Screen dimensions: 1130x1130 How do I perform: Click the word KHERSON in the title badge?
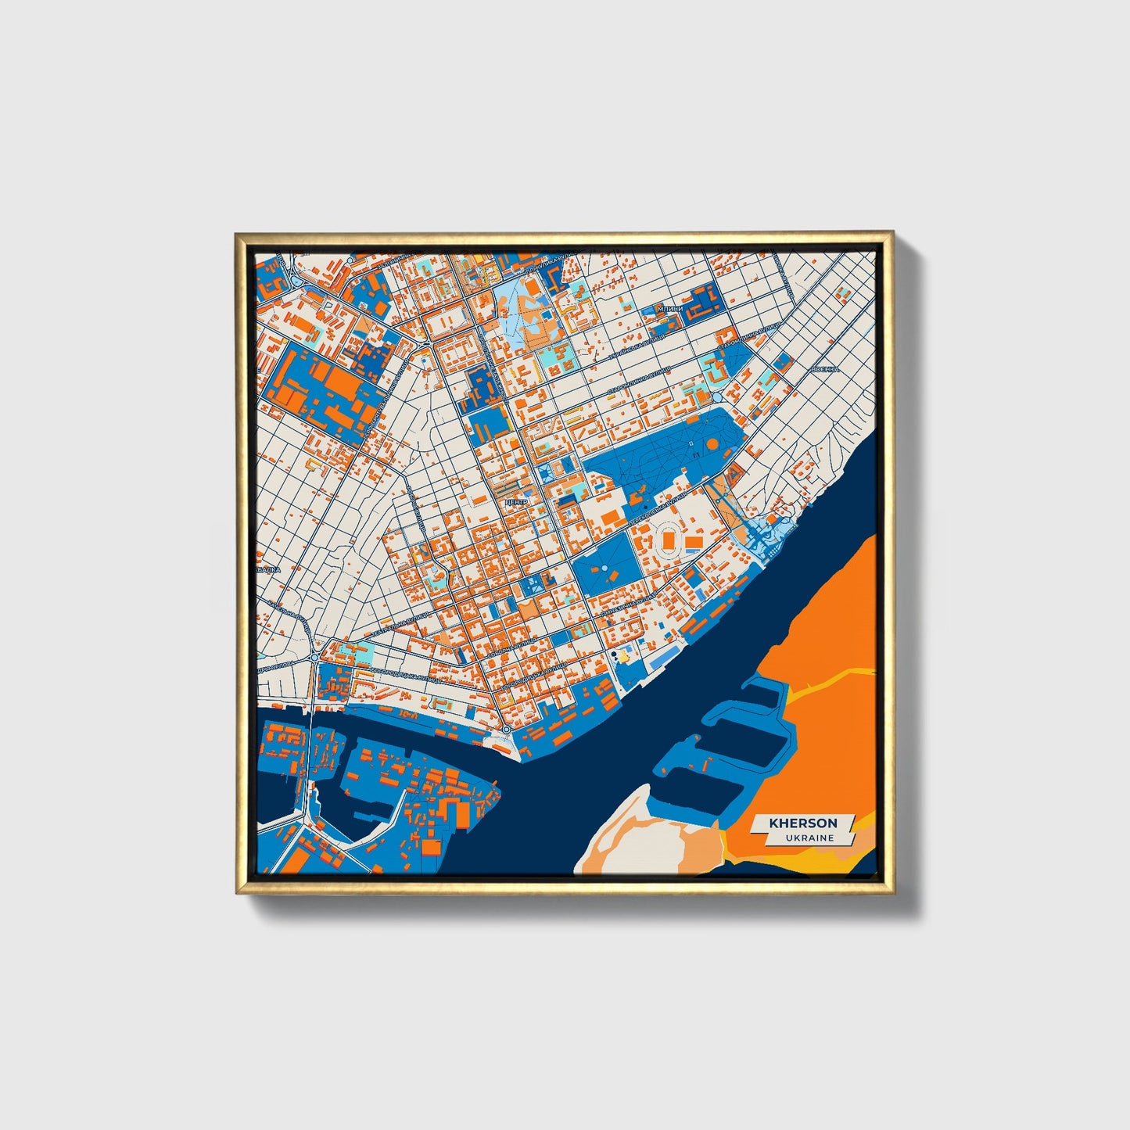[x=802, y=823]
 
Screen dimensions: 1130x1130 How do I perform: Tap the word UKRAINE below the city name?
[x=810, y=838]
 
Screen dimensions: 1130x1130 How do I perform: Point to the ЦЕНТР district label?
[x=517, y=501]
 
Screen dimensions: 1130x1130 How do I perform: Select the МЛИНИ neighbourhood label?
[x=670, y=309]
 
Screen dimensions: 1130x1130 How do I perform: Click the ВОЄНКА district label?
[x=825, y=369]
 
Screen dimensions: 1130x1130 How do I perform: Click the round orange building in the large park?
[x=712, y=443]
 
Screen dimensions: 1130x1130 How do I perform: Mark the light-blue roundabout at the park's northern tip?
[x=717, y=397]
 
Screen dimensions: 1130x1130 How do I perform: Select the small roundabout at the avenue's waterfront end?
[x=507, y=729]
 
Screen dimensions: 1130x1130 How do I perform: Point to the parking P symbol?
[x=307, y=298]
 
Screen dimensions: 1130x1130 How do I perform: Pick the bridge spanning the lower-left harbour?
[x=310, y=751]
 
